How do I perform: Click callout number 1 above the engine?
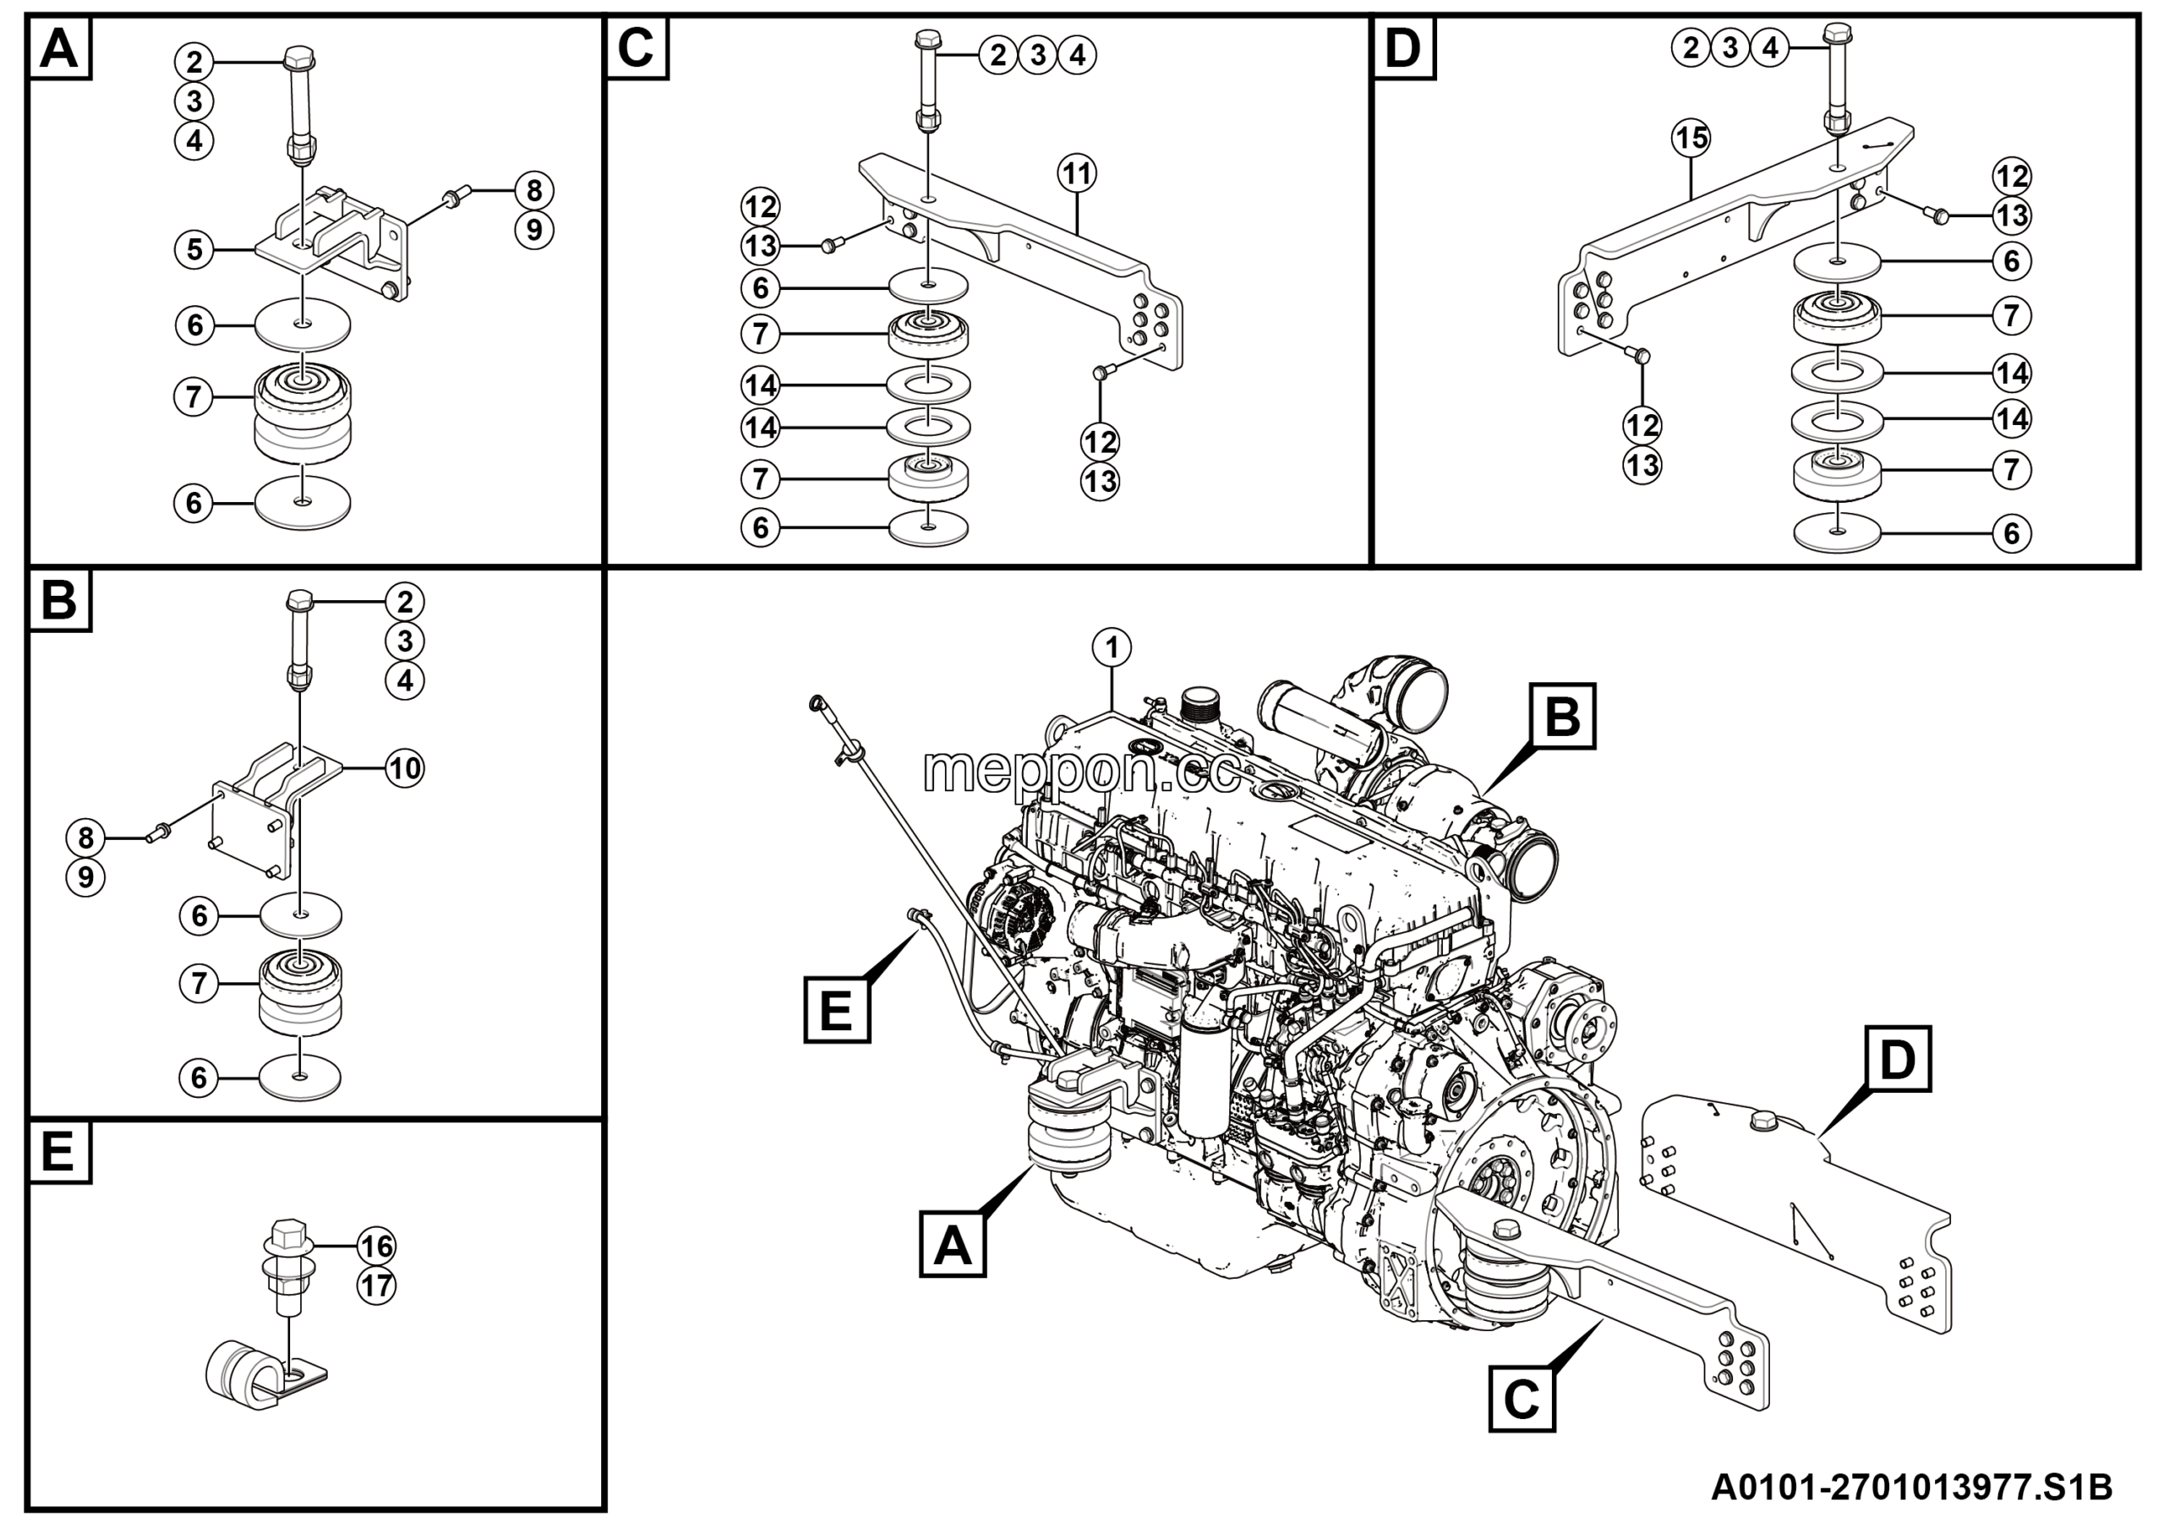1113,648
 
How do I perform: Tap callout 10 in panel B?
405,769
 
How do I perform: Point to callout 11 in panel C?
1076,174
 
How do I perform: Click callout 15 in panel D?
1691,139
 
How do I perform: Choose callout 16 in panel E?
376,1247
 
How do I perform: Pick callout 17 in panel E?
376,1286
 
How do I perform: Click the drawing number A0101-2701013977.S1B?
1911,1488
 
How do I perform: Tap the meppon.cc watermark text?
1081,772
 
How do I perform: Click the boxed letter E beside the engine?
837,1011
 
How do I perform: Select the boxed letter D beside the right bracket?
1897,1059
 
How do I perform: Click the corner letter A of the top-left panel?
59,47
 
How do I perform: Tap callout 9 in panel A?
534,230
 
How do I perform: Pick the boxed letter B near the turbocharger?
1563,716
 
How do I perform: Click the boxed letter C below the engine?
1522,1400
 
